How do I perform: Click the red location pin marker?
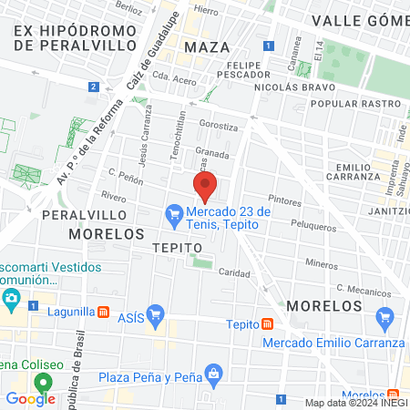pyautogui.click(x=205, y=186)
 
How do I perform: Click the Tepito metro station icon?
pyautogui.click(x=267, y=324)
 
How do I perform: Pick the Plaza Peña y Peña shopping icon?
pyautogui.click(x=214, y=372)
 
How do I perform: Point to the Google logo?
pyautogui.click(x=30, y=398)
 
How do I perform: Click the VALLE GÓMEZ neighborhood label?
pyautogui.click(x=361, y=20)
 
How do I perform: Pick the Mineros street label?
pyautogui.click(x=321, y=263)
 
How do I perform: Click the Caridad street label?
pyautogui.click(x=233, y=273)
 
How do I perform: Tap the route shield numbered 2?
pyautogui.click(x=94, y=87)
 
